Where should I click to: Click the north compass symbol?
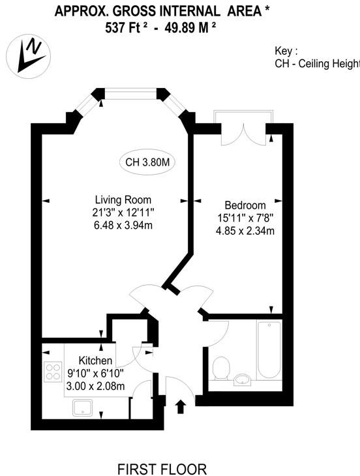tap(29, 57)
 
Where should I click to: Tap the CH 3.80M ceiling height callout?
tap(147, 162)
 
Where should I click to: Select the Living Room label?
tap(123, 200)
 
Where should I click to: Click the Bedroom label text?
tap(245, 205)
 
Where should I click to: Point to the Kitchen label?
tap(95, 361)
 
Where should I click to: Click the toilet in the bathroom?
tap(221, 368)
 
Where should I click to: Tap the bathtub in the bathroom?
tap(269, 350)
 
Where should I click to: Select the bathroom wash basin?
tap(243, 379)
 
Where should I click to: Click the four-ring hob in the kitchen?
tap(53, 372)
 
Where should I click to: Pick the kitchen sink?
tap(82, 408)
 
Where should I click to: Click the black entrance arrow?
tap(181, 406)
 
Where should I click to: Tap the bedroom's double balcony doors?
tap(244, 134)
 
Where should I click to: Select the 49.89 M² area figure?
tap(190, 28)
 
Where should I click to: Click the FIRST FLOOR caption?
tap(162, 469)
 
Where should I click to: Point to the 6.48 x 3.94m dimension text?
tap(123, 225)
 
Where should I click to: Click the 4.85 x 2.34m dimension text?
tap(245, 231)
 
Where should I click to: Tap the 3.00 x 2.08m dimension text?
tap(95, 386)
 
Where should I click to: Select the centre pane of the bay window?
tap(130, 93)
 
